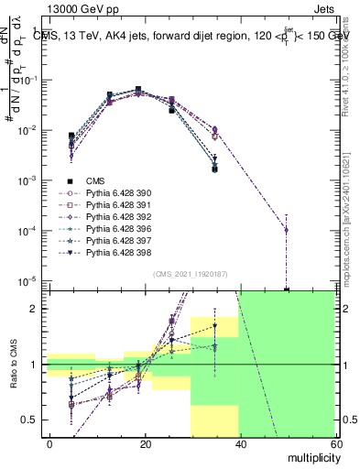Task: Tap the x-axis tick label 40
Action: point(241,442)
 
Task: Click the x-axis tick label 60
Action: point(335,442)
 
